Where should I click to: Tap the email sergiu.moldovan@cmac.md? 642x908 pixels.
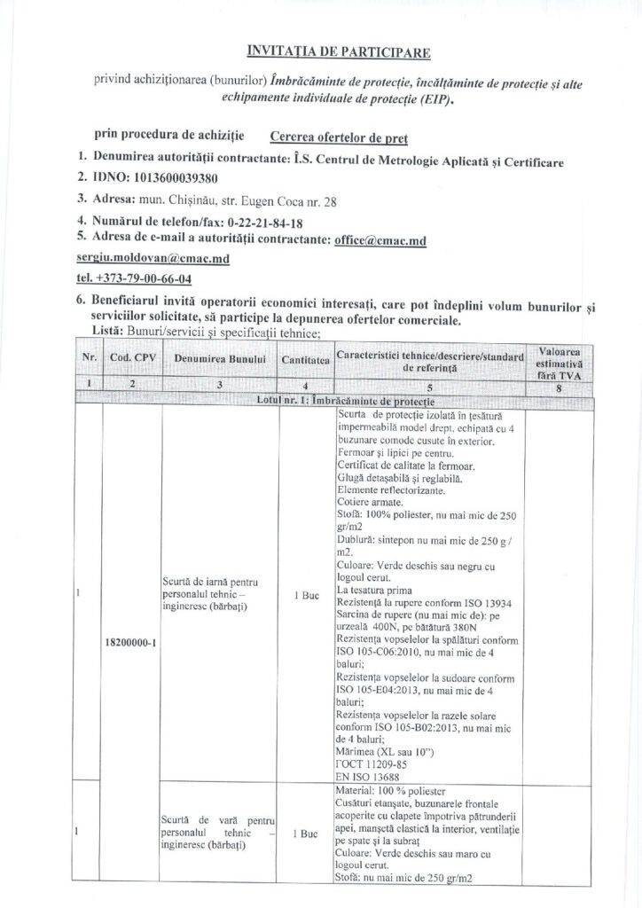tap(153, 258)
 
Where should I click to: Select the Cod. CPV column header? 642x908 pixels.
tap(132, 357)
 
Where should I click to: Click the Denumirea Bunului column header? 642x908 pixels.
tap(220, 358)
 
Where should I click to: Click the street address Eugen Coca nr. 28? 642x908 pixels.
tap(286, 201)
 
